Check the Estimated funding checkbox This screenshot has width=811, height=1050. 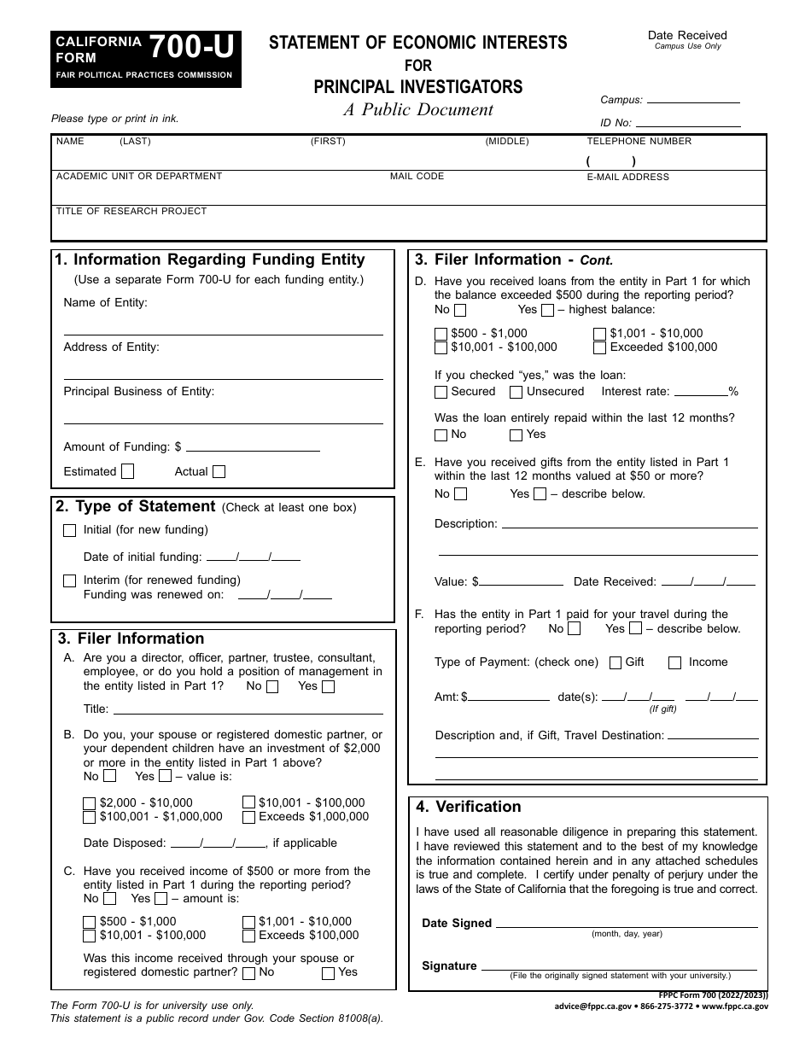pyautogui.click(x=128, y=471)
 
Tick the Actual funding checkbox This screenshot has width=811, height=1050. pyautogui.click(x=219, y=471)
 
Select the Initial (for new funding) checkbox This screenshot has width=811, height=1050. pyautogui.click(x=70, y=530)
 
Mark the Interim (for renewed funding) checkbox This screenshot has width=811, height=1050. pyautogui.click(x=70, y=580)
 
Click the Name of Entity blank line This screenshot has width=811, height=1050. pyautogui.click(x=223, y=329)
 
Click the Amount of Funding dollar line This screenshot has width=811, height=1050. pyautogui.click(x=253, y=446)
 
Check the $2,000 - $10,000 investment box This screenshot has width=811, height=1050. pyautogui.click(x=90, y=803)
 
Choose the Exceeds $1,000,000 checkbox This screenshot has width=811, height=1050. pyautogui.click(x=248, y=817)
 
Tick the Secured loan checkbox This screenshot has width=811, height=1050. pyautogui.click(x=441, y=393)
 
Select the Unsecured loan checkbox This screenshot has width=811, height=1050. pyautogui.click(x=516, y=393)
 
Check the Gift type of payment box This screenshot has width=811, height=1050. pyautogui.click(x=616, y=662)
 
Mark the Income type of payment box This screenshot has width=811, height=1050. pyautogui.click(x=675, y=662)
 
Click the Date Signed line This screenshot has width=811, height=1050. pyautogui.click(x=627, y=923)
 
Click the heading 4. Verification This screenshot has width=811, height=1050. pyautogui.click(x=469, y=807)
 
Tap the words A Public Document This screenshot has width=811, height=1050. pyautogui.click(x=418, y=109)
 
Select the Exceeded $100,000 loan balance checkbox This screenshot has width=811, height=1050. pyautogui.click(x=600, y=347)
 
